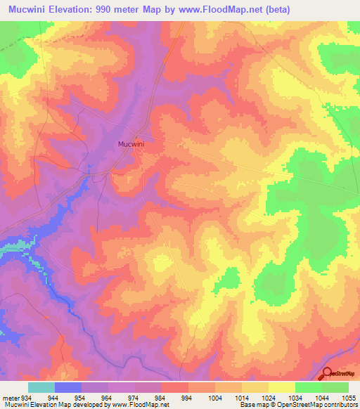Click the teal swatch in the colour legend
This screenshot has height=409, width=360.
point(41,388)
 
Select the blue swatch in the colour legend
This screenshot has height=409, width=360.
point(68,388)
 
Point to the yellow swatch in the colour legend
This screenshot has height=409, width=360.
point(281,388)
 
